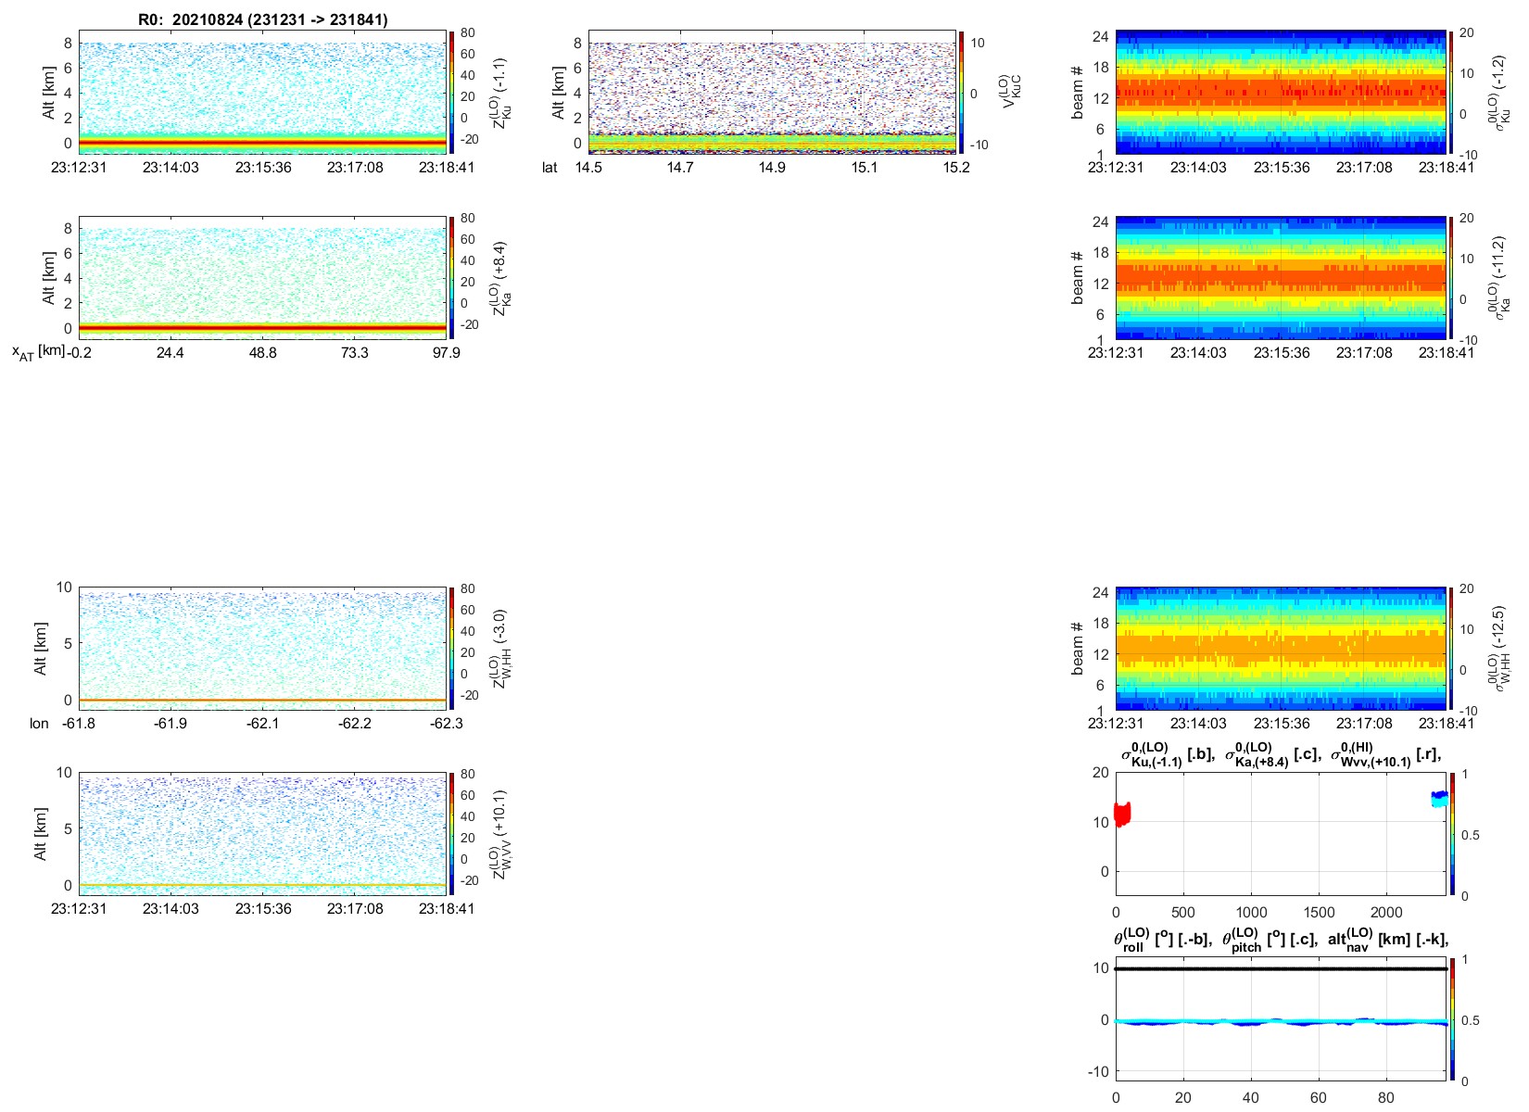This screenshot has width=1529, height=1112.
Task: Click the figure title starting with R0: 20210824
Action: pos(263,19)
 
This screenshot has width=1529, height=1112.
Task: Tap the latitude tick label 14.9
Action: pos(772,167)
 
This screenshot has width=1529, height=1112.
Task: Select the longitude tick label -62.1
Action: pos(263,723)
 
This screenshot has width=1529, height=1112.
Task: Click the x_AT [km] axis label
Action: pos(38,352)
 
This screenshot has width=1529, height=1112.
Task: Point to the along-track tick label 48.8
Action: pos(263,352)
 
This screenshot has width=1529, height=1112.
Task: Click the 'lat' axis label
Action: pos(550,167)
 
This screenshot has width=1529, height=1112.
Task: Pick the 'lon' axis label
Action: pos(39,723)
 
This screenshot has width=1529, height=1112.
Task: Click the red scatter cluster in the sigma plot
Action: pos(1122,814)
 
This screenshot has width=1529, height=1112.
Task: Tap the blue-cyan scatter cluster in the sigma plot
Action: pos(1439,799)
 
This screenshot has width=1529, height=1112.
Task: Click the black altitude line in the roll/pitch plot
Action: pos(1282,968)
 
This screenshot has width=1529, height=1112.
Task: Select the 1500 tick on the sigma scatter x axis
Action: pos(1319,913)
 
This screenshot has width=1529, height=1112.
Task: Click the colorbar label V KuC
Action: pos(1012,92)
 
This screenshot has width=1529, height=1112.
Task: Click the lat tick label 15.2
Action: pos(956,167)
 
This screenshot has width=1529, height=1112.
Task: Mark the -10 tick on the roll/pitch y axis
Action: pos(1099,1072)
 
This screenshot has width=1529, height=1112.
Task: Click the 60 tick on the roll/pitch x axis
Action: pos(1319,1098)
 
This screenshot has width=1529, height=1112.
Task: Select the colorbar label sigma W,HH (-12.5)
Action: pos(1501,649)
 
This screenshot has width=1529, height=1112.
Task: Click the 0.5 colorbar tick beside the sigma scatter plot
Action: pos(1471,835)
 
